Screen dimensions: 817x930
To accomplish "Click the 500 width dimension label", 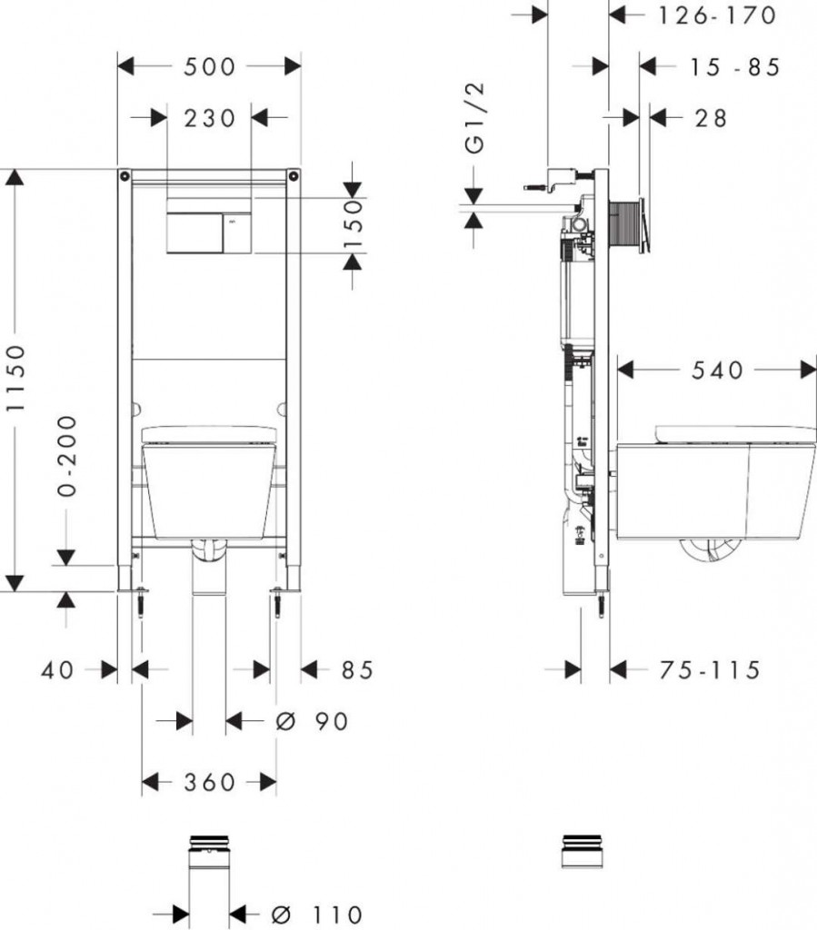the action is pos(209,66).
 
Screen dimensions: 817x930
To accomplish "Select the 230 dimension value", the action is pos(209,118).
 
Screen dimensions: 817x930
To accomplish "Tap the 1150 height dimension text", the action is pos(16,378).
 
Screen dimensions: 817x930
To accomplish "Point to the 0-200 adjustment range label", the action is pos(67,456).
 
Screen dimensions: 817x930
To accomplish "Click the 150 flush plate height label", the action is pos(353,225).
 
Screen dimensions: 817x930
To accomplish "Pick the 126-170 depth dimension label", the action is pos(717,15).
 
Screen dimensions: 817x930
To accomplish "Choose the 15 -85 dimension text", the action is pos(734,67).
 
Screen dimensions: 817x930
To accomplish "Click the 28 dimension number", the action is pos(711,119).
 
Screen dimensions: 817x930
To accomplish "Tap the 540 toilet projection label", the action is pos(717,371).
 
